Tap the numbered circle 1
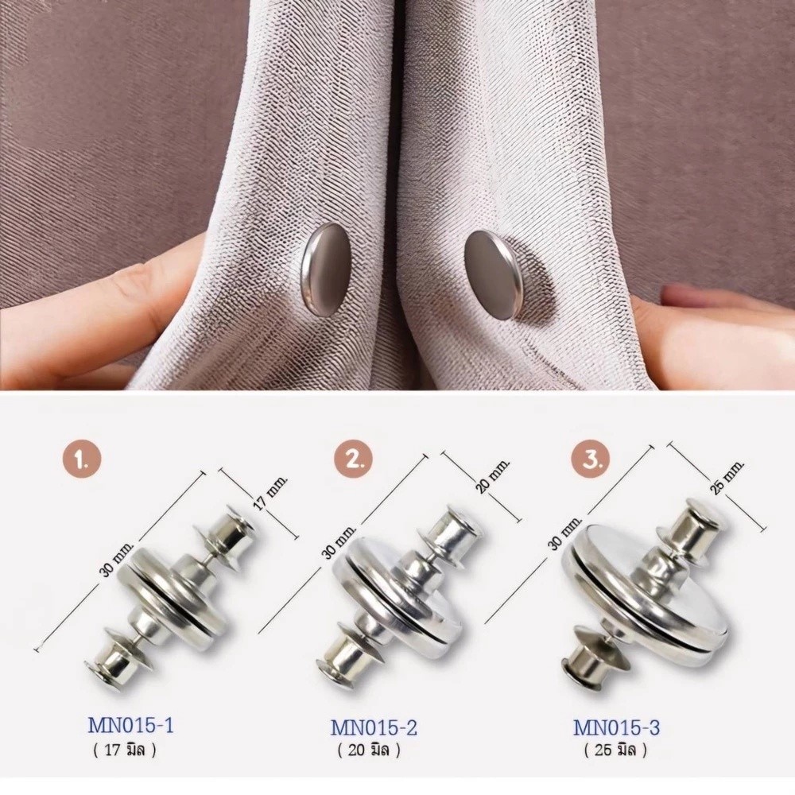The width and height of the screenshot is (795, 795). pyautogui.click(x=82, y=460)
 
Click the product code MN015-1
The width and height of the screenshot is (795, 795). pyautogui.click(x=131, y=726)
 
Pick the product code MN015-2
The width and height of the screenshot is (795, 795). pyautogui.click(x=374, y=728)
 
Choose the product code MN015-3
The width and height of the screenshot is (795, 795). pyautogui.click(x=617, y=727)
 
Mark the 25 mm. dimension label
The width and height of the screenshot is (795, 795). pyautogui.click(x=726, y=476)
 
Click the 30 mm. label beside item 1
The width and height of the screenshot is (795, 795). pyautogui.click(x=115, y=559)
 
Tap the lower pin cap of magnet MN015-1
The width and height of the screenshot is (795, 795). pyautogui.click(x=113, y=665)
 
